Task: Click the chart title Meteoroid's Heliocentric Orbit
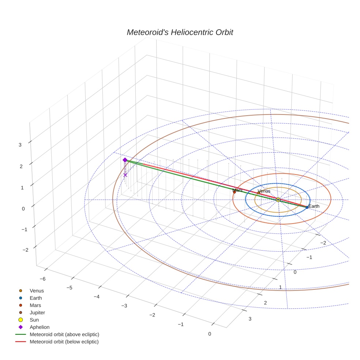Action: (x=180, y=33)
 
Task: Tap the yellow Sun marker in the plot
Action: (x=278, y=199)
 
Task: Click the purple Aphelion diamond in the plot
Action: (x=125, y=160)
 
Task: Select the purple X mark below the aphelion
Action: (x=125, y=175)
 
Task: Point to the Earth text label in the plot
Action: (x=314, y=206)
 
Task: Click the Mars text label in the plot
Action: (x=237, y=190)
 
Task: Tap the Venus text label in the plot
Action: (x=264, y=191)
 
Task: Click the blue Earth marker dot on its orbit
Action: (x=307, y=207)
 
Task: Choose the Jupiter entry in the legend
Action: (x=37, y=312)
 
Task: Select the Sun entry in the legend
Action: (x=34, y=320)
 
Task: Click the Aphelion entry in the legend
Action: (x=40, y=327)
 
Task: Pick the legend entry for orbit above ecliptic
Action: (x=64, y=334)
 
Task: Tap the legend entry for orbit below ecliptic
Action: (x=64, y=342)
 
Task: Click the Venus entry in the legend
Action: (x=37, y=290)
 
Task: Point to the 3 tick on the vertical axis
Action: (x=20, y=145)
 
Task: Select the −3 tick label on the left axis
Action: (x=124, y=306)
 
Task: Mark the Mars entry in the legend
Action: (x=35, y=305)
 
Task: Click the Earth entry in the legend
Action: (x=35, y=298)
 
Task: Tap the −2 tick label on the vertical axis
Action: (x=25, y=250)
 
